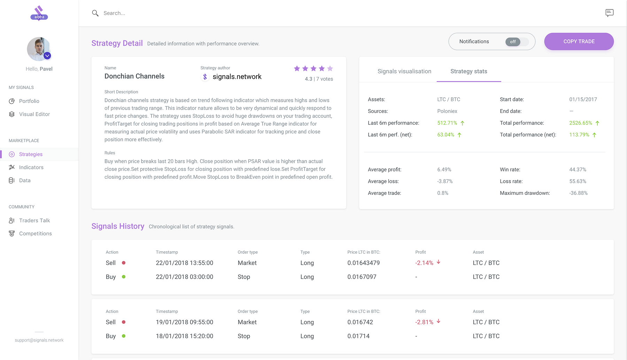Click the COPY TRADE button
pyautogui.click(x=579, y=41)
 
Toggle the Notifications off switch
pyautogui.click(x=517, y=42)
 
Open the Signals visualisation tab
pyautogui.click(x=404, y=71)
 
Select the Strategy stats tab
pyautogui.click(x=469, y=71)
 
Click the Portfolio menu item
pyautogui.click(x=29, y=101)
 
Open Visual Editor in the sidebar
pyautogui.click(x=34, y=114)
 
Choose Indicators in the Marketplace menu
pyautogui.click(x=31, y=167)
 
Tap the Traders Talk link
pyautogui.click(x=34, y=221)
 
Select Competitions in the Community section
pyautogui.click(x=35, y=233)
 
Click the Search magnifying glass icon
pyautogui.click(x=95, y=13)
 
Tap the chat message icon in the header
pyautogui.click(x=609, y=13)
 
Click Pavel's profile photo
pyautogui.click(x=39, y=49)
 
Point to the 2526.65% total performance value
pyautogui.click(x=580, y=123)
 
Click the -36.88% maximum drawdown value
pyautogui.click(x=578, y=193)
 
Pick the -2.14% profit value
pyautogui.click(x=424, y=263)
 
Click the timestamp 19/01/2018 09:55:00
pyautogui.click(x=184, y=322)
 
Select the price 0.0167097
pyautogui.click(x=362, y=277)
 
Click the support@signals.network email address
pyautogui.click(x=39, y=340)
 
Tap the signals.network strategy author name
pyautogui.click(x=237, y=77)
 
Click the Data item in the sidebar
pyautogui.click(x=25, y=181)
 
